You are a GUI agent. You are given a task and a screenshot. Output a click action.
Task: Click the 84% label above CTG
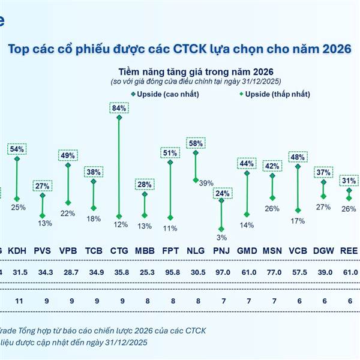[118, 108]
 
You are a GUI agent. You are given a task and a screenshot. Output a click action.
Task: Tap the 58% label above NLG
[196, 143]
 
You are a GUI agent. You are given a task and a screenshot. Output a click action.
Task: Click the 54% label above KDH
[17, 149]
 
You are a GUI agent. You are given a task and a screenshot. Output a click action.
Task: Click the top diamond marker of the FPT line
[170, 162]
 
